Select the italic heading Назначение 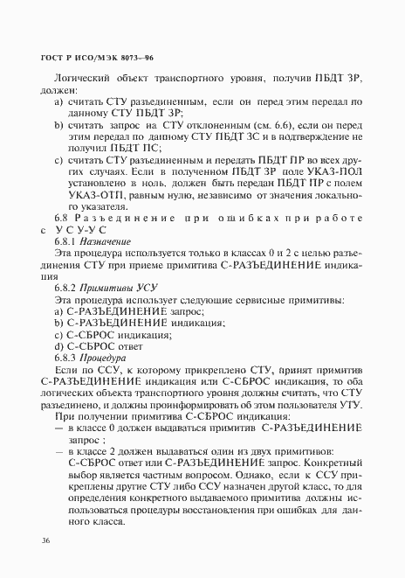[106, 240]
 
